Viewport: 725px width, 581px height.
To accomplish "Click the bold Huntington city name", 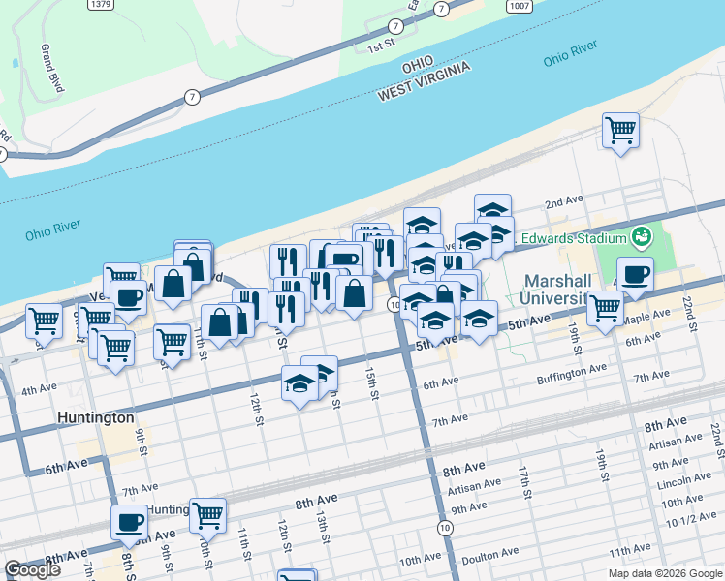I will pyautogui.click(x=94, y=418).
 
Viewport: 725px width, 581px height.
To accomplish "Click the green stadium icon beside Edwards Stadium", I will pyautogui.click(x=641, y=236).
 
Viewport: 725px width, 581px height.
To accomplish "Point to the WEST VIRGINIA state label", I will pyautogui.click(x=424, y=80).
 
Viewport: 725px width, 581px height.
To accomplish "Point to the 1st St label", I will pyautogui.click(x=381, y=46).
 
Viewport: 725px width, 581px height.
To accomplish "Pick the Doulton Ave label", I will pyautogui.click(x=490, y=556).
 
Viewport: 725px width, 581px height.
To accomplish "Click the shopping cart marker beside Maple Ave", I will pyautogui.click(x=605, y=308).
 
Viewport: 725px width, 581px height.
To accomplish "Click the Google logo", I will pyautogui.click(x=32, y=569).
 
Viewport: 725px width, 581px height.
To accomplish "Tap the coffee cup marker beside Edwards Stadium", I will pyautogui.click(x=635, y=275).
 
